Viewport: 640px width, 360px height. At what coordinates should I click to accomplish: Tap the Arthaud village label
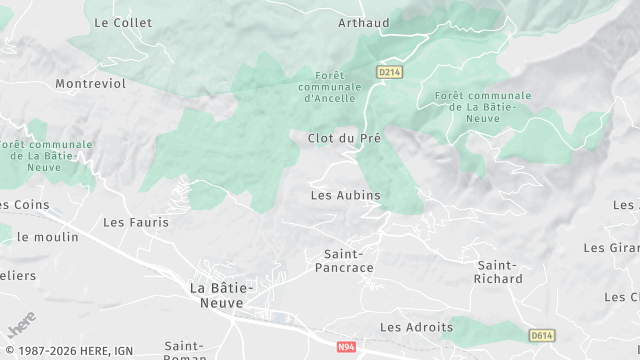(363, 22)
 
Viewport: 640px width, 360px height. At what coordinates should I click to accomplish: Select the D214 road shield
(389, 72)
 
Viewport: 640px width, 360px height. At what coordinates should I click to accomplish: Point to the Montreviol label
(91, 84)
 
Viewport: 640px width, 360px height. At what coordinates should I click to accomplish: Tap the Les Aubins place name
(345, 195)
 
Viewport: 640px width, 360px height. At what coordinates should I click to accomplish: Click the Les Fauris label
(136, 222)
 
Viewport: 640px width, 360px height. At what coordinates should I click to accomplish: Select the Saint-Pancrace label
(344, 261)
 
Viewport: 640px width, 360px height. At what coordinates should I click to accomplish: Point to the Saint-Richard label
(499, 272)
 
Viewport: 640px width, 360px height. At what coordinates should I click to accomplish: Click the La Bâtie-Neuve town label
(223, 295)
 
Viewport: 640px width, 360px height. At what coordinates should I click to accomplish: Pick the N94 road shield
(346, 347)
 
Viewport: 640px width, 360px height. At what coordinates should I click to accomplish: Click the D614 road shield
(542, 336)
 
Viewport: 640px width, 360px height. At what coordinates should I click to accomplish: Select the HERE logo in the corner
(20, 324)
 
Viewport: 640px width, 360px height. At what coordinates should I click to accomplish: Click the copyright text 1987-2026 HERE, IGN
(68, 350)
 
